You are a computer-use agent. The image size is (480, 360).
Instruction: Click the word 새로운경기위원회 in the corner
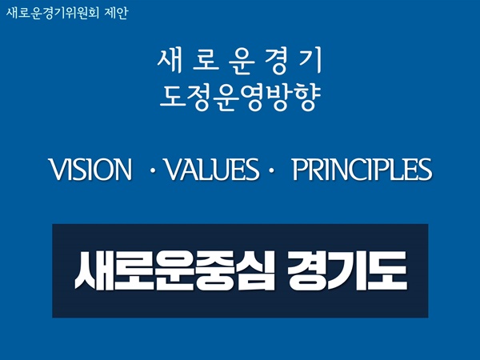(52, 13)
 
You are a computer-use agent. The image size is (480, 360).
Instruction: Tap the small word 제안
(116, 13)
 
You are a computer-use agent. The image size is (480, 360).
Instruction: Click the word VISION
(90, 170)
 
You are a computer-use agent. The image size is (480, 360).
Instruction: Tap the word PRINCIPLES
(362, 170)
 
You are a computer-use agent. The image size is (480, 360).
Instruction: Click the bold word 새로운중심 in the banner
(174, 270)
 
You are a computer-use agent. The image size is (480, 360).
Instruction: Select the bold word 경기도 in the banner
(347, 270)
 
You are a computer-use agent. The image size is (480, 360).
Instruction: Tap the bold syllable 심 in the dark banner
(255, 270)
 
